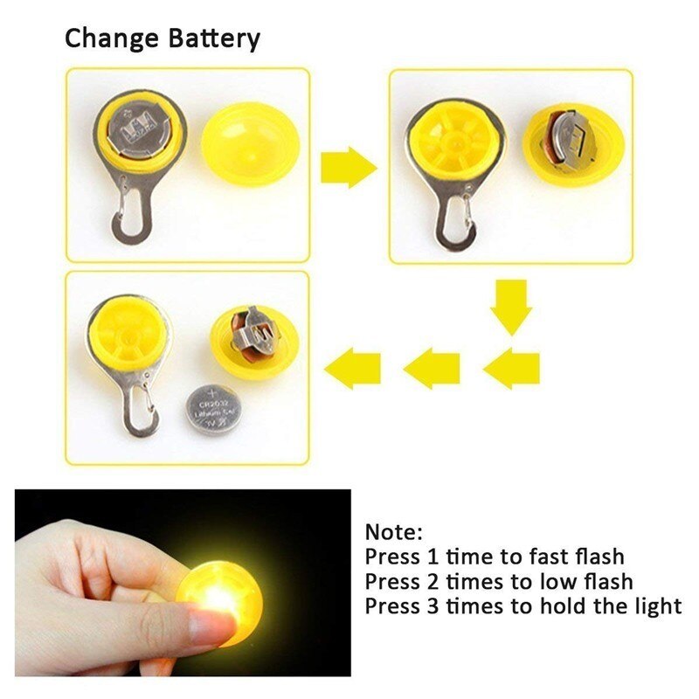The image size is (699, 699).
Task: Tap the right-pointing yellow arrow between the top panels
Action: pyautogui.click(x=349, y=167)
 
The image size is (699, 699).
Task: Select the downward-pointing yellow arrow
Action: pyautogui.click(x=510, y=307)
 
